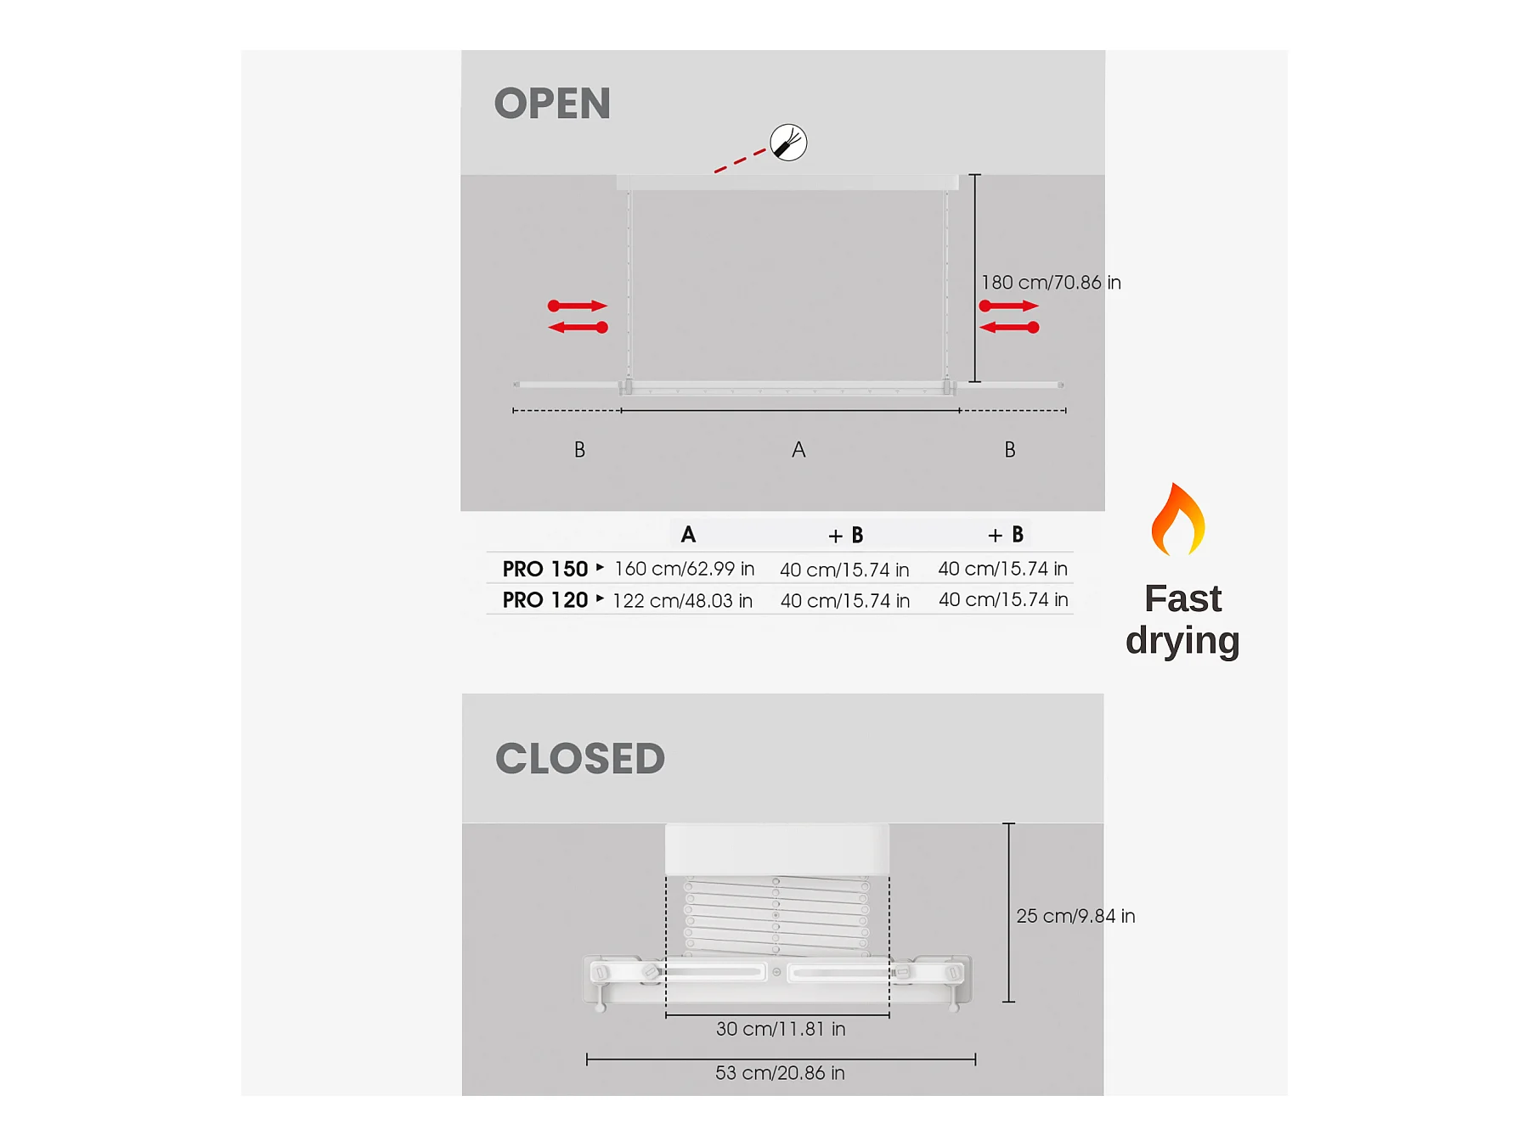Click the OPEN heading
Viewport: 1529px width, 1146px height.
(552, 104)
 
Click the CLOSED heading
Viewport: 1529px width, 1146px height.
(580, 758)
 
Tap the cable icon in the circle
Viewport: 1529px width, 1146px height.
(788, 143)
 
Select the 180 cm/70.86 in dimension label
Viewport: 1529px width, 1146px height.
(1051, 283)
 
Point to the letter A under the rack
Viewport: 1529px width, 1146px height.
(798, 450)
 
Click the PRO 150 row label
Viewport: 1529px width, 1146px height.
(545, 569)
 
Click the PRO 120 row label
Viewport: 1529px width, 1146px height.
(545, 600)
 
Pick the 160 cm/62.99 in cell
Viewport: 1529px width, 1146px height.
(684, 569)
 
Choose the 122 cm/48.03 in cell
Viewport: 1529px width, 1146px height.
(682, 601)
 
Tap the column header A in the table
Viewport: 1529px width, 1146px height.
(688, 535)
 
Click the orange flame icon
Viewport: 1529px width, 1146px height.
(1178, 520)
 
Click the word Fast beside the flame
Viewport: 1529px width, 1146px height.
(1182, 599)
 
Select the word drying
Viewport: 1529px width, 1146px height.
(1182, 641)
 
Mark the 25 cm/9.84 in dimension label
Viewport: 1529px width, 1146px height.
(1075, 916)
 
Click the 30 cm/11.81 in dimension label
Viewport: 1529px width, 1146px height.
(781, 1029)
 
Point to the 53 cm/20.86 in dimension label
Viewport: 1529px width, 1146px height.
(780, 1073)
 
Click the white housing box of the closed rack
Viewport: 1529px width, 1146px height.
(776, 849)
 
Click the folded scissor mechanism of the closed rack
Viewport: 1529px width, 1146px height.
(776, 917)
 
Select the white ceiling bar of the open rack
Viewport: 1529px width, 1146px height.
(787, 182)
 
